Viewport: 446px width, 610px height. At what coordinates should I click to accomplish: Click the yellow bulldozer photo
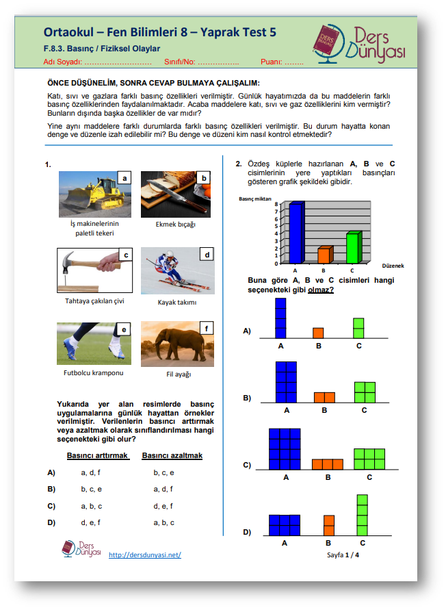pos(96,194)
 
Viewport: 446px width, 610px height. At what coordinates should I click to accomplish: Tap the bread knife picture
pos(176,194)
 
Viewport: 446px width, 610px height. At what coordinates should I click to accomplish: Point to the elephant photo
pos(176,344)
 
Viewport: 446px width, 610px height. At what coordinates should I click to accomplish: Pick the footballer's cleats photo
pos(96,344)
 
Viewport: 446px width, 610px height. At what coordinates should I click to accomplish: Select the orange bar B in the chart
pos(324,255)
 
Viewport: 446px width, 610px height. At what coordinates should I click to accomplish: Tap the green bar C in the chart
pos(352,247)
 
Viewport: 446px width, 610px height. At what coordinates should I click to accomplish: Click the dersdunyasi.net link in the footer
pos(145,555)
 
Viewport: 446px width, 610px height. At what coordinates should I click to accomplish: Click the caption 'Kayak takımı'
pos(177,302)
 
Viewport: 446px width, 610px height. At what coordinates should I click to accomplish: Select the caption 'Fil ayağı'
pos(179,374)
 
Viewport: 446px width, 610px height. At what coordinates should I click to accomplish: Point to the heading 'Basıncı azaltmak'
pos(172,455)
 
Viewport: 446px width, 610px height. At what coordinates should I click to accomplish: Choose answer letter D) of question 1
pos(51,522)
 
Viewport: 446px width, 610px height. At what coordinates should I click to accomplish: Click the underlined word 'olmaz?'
pos(321,290)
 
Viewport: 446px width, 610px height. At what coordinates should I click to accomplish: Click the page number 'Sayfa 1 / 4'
pos(343,555)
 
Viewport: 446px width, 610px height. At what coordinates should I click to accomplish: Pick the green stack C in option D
pos(363,515)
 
